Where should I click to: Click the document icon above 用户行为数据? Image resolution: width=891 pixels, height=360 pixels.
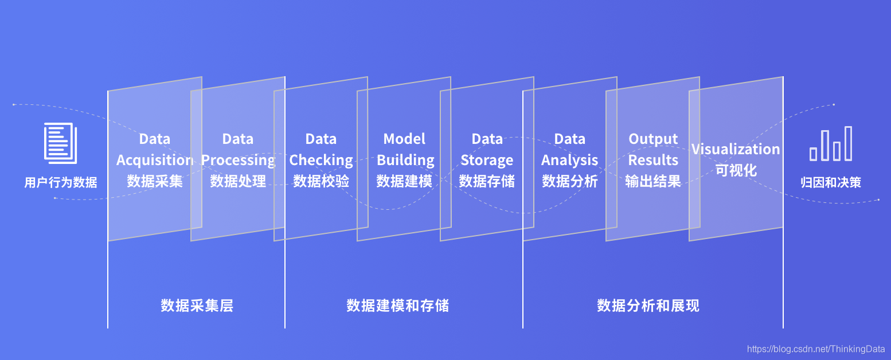(x=60, y=143)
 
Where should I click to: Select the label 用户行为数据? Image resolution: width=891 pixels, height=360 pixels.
(x=61, y=183)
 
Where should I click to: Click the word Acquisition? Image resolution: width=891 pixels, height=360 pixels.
(x=154, y=161)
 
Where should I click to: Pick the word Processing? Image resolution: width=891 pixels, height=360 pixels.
(x=238, y=161)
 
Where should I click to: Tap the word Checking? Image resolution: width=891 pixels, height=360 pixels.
(x=321, y=161)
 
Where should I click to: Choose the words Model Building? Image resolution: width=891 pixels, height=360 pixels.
(x=405, y=150)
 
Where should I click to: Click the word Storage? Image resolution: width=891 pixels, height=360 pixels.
(x=487, y=161)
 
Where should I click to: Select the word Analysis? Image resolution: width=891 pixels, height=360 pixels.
(x=569, y=161)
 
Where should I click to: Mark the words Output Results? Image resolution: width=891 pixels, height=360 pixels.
(x=653, y=150)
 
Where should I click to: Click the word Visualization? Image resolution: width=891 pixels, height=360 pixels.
(x=736, y=150)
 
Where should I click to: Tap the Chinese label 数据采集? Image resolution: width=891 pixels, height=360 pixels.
(x=155, y=182)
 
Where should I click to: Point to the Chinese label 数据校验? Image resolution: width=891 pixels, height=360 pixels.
(x=321, y=182)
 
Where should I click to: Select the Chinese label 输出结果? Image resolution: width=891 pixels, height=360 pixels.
(x=653, y=182)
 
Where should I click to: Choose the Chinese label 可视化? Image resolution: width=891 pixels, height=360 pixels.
(x=736, y=171)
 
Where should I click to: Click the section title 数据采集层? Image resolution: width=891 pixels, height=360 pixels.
(x=197, y=306)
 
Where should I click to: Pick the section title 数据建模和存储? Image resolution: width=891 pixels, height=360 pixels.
(x=397, y=306)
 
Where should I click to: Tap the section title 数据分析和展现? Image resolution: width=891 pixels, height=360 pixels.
(x=648, y=306)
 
